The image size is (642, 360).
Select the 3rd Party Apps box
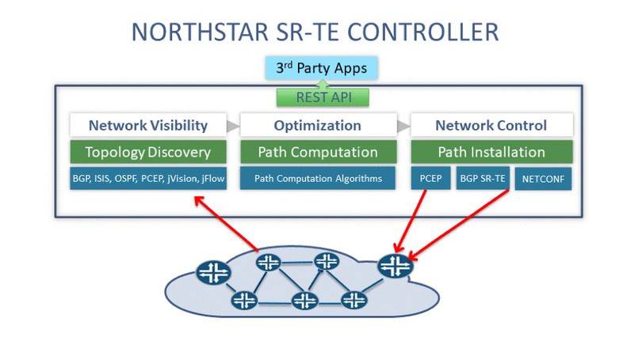(321, 68)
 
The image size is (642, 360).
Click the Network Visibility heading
(148, 125)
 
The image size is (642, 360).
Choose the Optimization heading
(317, 125)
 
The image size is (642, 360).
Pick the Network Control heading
(491, 125)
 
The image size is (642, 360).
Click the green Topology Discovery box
(148, 152)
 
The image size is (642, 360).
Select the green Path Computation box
(318, 152)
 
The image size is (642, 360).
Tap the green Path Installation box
(491, 152)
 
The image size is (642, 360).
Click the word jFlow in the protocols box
(212, 179)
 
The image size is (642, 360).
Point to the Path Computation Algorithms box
(318, 179)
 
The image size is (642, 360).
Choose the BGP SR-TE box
(483, 179)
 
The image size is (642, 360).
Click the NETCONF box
(543, 180)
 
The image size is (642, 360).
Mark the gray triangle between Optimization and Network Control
(403, 125)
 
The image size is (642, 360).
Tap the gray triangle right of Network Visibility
(232, 125)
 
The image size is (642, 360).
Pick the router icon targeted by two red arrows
(394, 267)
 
